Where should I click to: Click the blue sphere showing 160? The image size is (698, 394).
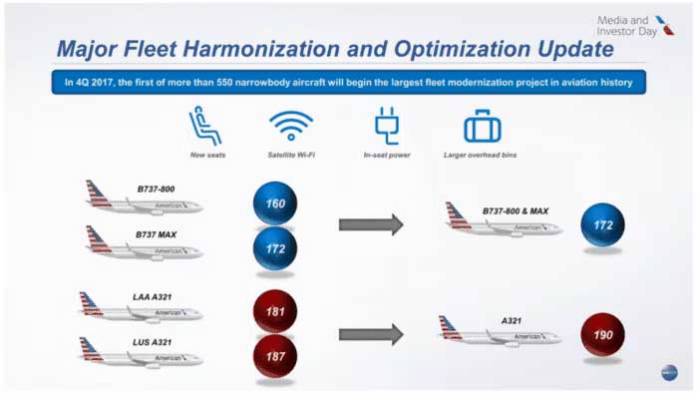(x=275, y=203)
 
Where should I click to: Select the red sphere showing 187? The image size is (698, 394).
(x=275, y=355)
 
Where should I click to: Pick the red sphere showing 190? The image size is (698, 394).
(x=602, y=334)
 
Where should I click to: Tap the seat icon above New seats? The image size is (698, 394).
(x=205, y=127)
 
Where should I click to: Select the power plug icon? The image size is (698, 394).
(x=386, y=127)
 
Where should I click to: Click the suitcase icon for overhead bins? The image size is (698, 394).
(x=482, y=127)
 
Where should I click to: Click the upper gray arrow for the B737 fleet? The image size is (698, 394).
(x=370, y=224)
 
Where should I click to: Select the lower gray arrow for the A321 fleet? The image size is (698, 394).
(x=370, y=334)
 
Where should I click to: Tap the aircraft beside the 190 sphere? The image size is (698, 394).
(x=499, y=334)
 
